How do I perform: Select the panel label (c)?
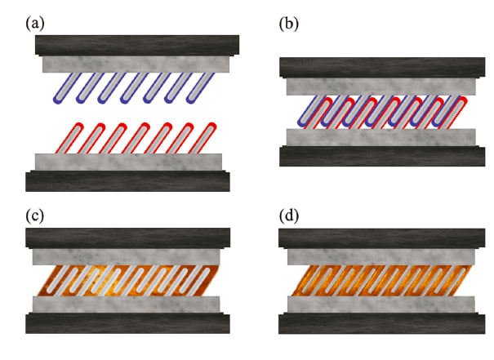(x=35, y=216)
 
